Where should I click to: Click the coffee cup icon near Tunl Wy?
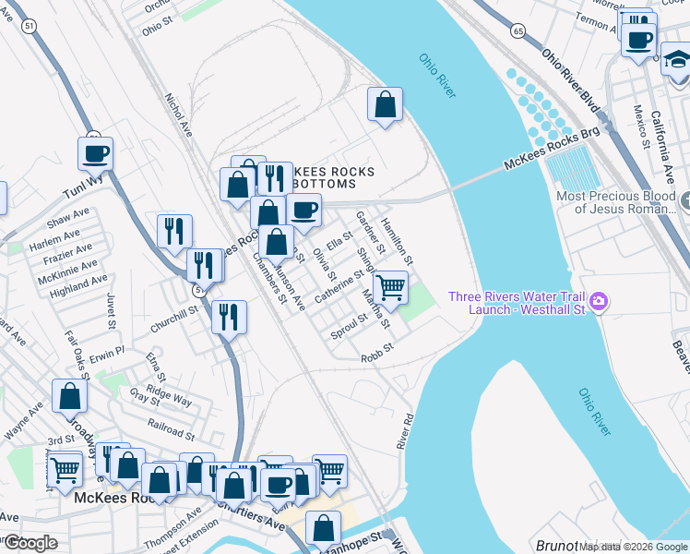coord(95,154)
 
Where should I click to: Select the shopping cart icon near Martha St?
coord(390,287)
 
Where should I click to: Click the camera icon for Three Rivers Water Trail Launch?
coord(599,301)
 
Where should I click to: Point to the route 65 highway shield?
coord(518,31)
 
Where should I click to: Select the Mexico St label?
coord(640,125)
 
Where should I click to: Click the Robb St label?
coord(377,352)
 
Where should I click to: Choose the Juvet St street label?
coord(112,309)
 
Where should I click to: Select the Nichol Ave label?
coord(177,112)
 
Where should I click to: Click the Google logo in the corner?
coord(30,543)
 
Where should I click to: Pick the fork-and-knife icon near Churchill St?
coord(229,317)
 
